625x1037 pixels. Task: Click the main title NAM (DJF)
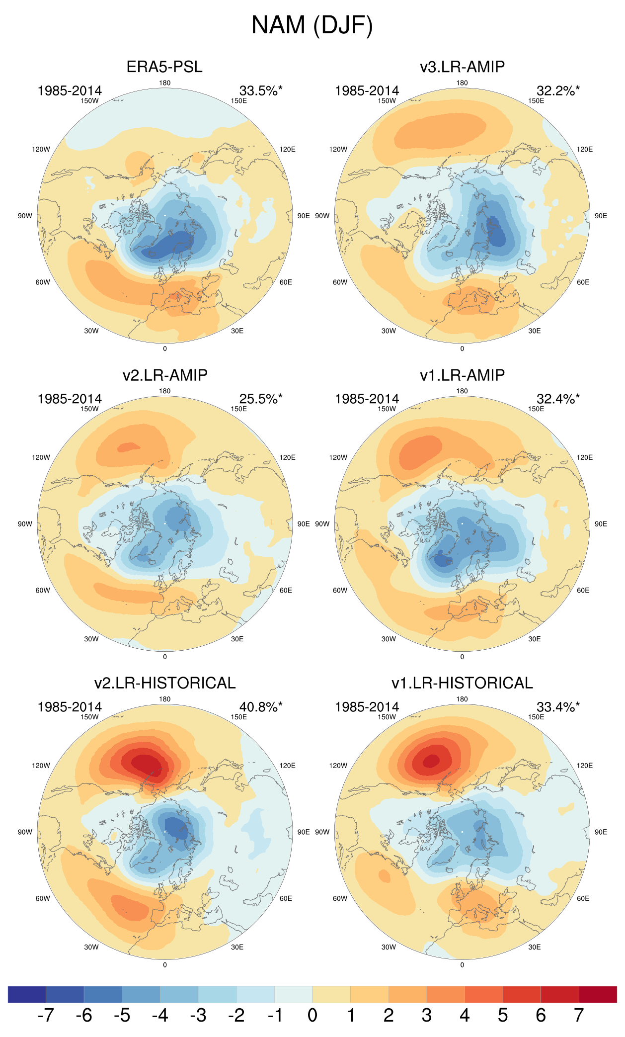tap(312, 25)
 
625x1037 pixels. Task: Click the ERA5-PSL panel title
tap(164, 67)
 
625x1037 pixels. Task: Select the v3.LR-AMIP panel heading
tap(462, 67)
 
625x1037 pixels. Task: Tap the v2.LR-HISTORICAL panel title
tap(164, 683)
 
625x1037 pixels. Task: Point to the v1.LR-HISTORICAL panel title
tap(462, 683)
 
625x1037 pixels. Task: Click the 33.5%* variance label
tap(260, 90)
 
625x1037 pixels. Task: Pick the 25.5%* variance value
tap(260, 399)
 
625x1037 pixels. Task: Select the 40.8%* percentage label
tap(260, 707)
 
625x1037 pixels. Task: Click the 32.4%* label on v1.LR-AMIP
tap(557, 399)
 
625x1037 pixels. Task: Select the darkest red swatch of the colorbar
tap(598, 994)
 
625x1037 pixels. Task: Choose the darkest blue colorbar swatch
tap(27, 994)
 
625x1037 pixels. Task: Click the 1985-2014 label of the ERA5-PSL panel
tap(70, 90)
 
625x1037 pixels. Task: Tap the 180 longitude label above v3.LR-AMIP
tap(462, 83)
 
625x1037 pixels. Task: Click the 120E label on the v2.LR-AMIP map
tap(287, 457)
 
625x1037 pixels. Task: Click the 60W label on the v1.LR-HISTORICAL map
tap(340, 898)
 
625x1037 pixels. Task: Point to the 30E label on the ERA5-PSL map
tap(237, 331)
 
